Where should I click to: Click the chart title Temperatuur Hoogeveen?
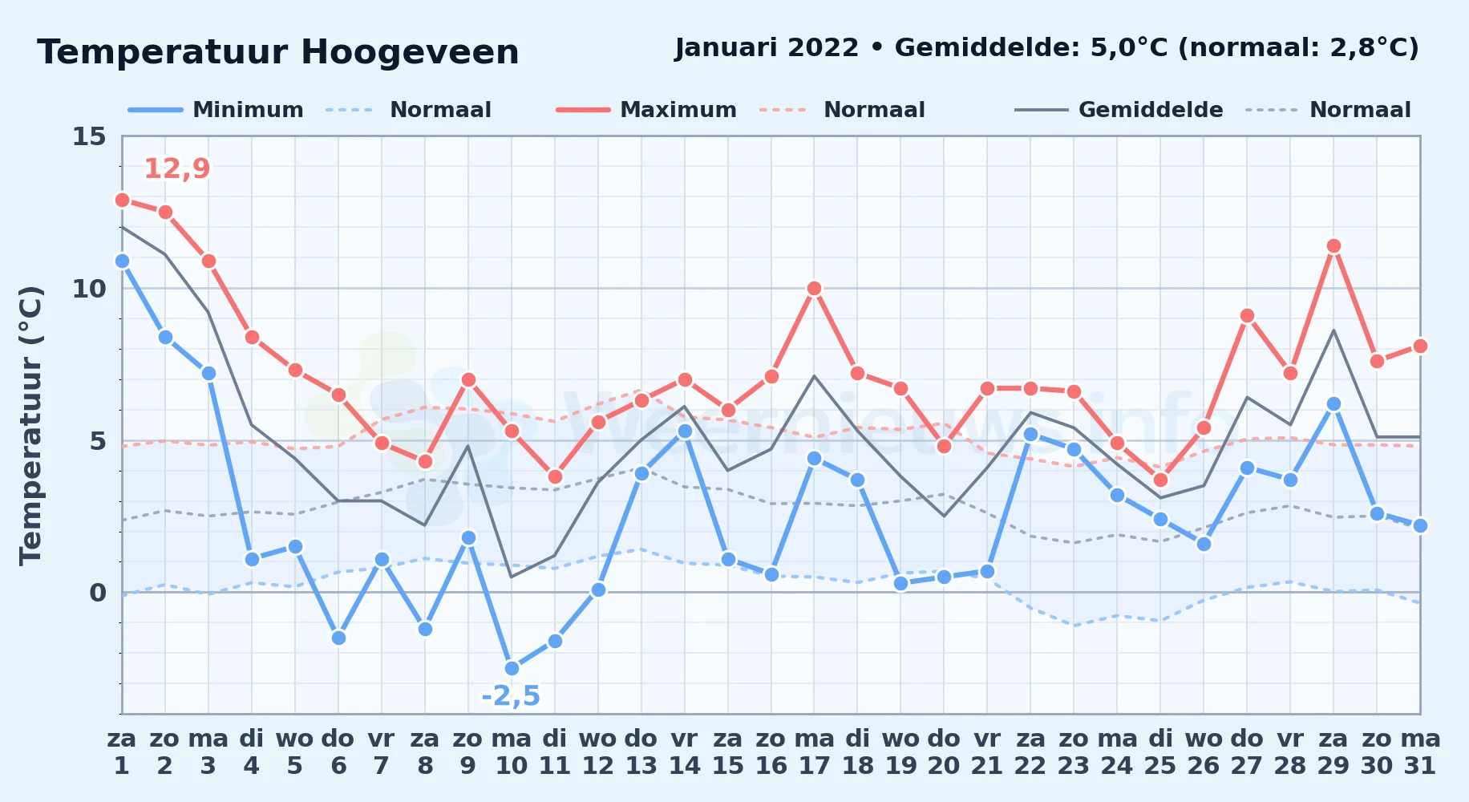coord(278,52)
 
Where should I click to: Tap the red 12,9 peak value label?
coord(177,168)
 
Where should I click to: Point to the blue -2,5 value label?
coord(511,695)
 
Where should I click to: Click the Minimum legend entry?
coord(216,110)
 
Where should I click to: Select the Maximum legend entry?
coord(646,110)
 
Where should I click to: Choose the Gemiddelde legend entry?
coord(1119,110)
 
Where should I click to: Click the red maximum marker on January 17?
coord(814,288)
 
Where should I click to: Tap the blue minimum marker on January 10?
coord(512,668)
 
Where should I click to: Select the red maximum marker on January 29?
coord(1333,246)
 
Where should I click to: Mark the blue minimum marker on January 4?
coord(252,559)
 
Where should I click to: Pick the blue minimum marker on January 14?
coord(684,431)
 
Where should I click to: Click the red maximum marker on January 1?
coord(122,200)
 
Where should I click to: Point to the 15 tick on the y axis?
coord(89,136)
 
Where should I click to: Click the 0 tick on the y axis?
coord(98,593)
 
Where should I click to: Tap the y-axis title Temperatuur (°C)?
coord(30,425)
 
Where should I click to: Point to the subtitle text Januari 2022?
coord(767,47)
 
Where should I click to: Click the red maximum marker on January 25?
coord(1160,480)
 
